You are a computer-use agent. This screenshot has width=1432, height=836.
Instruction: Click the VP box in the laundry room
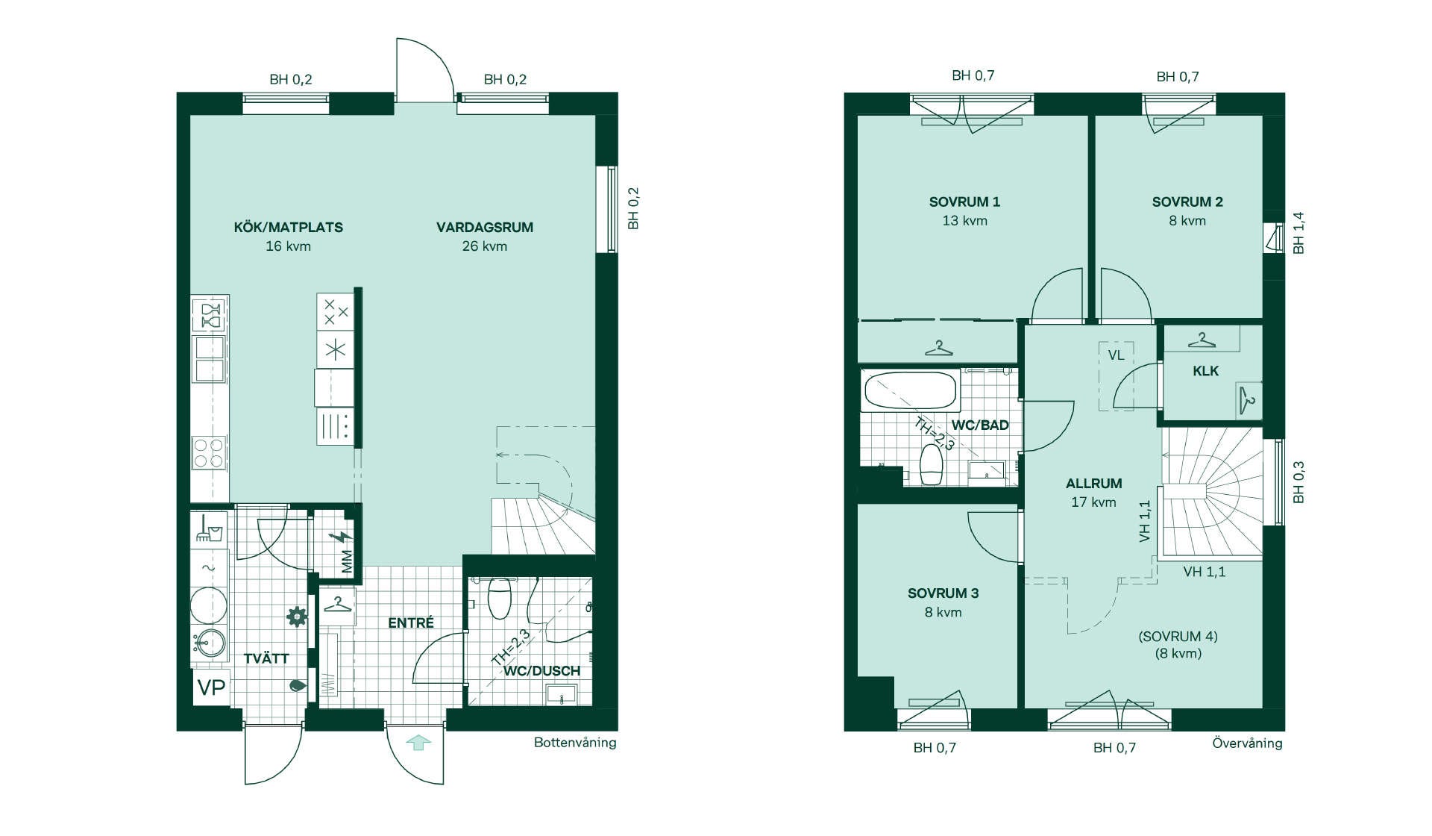(x=211, y=687)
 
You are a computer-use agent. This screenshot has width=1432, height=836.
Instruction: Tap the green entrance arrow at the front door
(x=419, y=743)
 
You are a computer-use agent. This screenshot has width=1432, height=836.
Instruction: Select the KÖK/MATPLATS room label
(x=289, y=228)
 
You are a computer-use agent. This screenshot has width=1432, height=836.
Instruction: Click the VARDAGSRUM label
(x=485, y=228)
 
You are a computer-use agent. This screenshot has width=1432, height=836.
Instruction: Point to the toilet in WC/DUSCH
(x=499, y=598)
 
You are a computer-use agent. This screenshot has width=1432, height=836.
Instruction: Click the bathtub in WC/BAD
(x=910, y=389)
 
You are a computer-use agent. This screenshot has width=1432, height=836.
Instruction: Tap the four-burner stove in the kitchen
(x=210, y=452)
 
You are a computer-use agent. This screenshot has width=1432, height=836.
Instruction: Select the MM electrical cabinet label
(x=347, y=562)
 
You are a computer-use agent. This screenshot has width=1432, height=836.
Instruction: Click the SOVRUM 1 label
(x=964, y=202)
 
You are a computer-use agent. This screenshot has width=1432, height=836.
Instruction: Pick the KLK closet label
(x=1205, y=371)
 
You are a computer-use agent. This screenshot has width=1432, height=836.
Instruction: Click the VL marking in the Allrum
(x=1116, y=355)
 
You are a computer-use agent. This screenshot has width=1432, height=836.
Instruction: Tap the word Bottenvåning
(x=575, y=743)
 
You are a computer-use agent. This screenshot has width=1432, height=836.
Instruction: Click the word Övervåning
(x=1247, y=743)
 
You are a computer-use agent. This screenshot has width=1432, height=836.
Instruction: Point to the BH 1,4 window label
(x=1298, y=233)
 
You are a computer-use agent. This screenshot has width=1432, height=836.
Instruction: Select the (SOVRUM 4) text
(x=1178, y=637)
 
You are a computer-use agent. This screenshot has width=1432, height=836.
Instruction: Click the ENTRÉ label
(x=411, y=623)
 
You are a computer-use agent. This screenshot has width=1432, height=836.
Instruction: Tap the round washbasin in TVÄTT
(x=210, y=642)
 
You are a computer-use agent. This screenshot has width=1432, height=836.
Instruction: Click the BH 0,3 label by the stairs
(x=1298, y=482)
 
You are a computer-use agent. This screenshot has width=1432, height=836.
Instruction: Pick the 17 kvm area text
(x=1093, y=502)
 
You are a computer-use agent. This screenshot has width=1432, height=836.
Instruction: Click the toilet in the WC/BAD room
(x=931, y=465)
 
